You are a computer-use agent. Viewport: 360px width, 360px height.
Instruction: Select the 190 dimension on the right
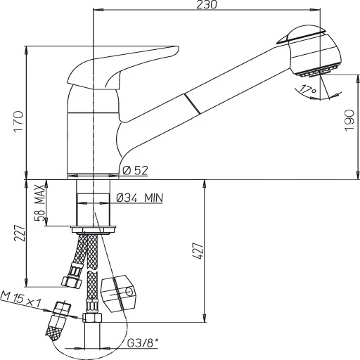click(x=349, y=124)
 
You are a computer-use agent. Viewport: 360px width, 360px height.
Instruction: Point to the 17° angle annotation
click(x=304, y=89)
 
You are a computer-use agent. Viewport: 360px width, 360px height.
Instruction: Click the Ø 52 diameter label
click(x=134, y=169)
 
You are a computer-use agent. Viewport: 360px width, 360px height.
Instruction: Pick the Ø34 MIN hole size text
click(x=139, y=198)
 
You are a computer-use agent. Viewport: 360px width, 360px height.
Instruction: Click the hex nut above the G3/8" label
click(x=93, y=319)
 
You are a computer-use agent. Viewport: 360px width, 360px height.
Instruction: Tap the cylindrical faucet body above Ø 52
click(x=92, y=141)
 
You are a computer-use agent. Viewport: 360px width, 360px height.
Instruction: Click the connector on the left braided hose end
click(x=70, y=281)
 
